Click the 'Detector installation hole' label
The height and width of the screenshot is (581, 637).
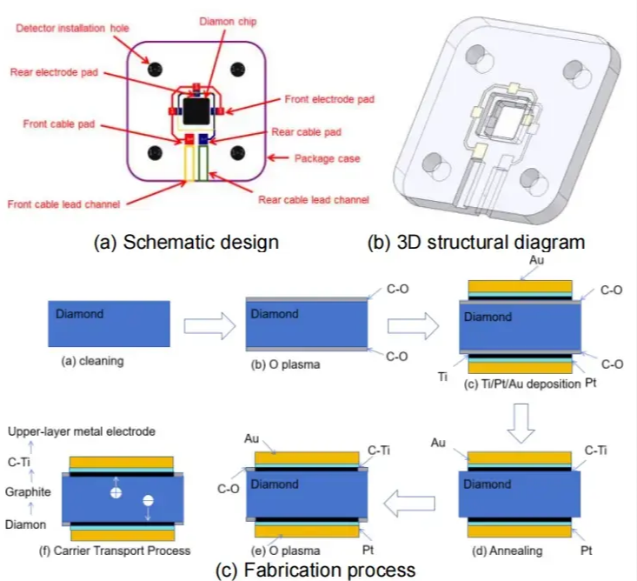coord(72,29)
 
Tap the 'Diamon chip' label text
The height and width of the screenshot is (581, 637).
coord(228,21)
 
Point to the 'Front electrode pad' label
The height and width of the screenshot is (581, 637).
coord(329,100)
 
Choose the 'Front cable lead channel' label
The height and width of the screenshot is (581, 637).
coord(63,204)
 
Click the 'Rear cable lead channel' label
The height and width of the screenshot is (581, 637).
coord(313,199)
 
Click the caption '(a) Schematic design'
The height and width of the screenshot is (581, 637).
coord(186,242)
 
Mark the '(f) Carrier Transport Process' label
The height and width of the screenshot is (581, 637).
coord(125,551)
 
